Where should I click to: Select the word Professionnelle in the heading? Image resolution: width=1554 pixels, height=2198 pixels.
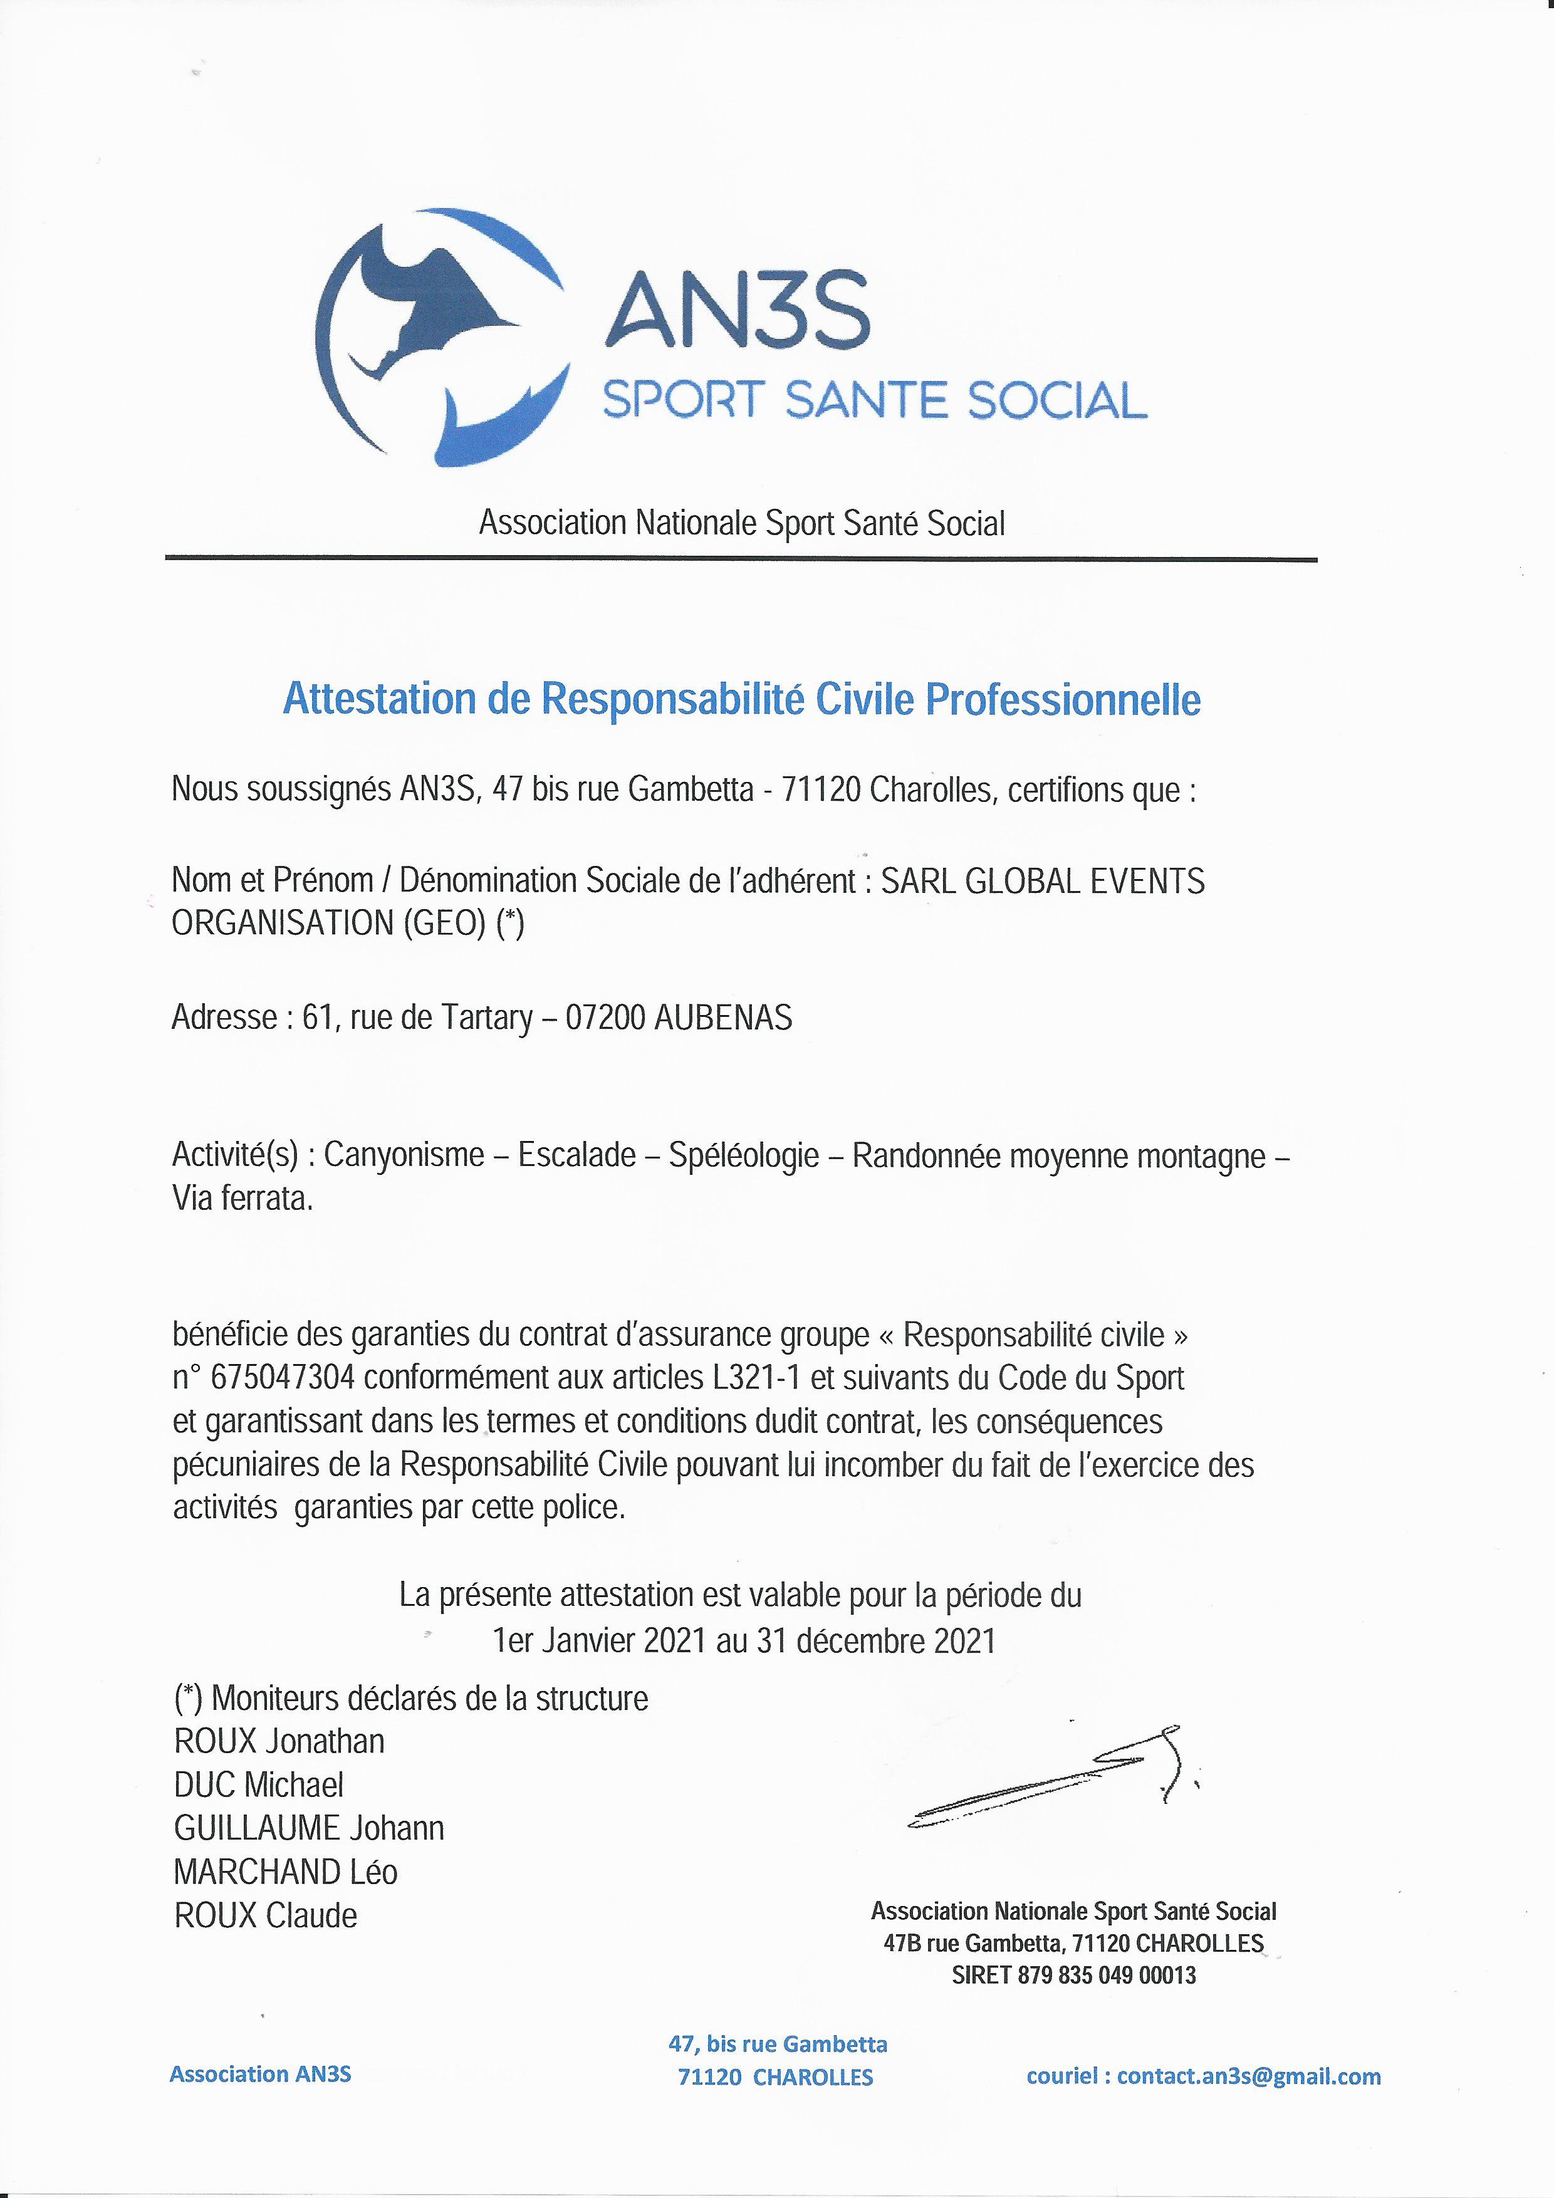(x=1062, y=700)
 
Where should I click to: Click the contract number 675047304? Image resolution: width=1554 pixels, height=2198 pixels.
(x=283, y=1378)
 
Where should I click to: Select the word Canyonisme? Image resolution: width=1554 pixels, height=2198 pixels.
(x=404, y=1155)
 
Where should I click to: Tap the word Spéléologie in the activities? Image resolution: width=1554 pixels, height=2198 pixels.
(x=744, y=1155)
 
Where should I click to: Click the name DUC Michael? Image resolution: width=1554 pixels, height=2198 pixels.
(x=259, y=1784)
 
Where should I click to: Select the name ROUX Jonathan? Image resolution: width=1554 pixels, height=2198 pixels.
(x=279, y=1741)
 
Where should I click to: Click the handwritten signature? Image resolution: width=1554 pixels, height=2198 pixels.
(x=1053, y=1781)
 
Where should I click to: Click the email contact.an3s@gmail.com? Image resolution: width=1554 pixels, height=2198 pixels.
(x=1249, y=2076)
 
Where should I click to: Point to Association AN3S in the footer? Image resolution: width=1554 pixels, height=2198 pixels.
(x=261, y=2075)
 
